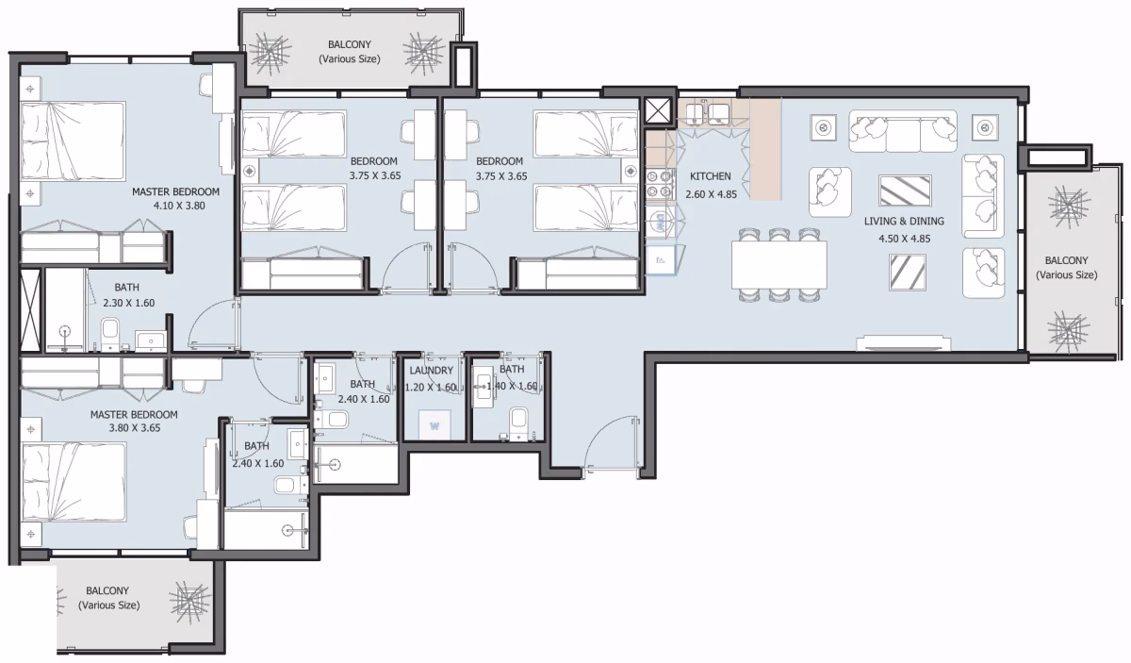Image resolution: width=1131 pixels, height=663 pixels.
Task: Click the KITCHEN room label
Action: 710,176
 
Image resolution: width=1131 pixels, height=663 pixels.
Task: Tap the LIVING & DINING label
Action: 904,222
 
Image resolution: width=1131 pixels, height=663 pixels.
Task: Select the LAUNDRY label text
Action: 432,371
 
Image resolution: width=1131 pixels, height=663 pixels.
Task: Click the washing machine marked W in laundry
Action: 434,425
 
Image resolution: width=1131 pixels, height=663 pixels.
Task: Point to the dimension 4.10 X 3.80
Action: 179,206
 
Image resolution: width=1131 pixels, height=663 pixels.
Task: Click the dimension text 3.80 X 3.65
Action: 134,428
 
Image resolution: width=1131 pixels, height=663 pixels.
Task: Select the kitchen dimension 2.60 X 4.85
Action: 711,194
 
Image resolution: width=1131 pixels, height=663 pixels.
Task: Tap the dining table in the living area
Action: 779,265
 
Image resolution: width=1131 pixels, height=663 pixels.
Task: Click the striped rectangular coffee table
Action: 905,191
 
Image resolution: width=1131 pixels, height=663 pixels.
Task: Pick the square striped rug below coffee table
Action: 908,273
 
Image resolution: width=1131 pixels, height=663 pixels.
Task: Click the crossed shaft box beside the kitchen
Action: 658,110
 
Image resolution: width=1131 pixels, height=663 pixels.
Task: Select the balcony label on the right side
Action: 1066,268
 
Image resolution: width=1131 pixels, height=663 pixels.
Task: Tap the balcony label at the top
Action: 350,52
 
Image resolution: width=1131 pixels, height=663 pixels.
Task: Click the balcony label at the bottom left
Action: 108,598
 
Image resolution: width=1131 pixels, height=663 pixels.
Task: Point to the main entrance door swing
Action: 612,445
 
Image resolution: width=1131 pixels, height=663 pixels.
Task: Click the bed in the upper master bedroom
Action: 74,141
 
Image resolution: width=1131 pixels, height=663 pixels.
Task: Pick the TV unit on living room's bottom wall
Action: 904,342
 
